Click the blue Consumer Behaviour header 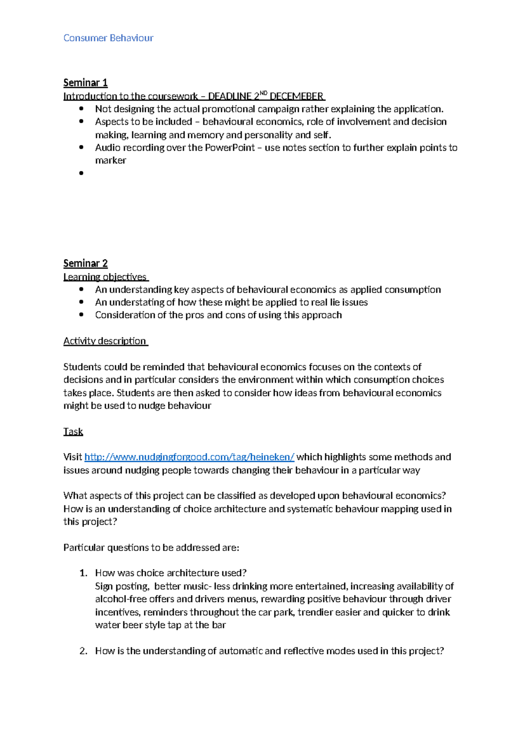108,38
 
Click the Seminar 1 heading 85,83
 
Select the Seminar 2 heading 85,263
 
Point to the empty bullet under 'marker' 81,173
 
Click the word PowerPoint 230,148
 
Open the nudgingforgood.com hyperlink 189,457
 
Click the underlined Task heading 73,432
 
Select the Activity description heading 105,341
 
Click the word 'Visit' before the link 73,457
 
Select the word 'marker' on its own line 110,160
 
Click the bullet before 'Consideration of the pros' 81,315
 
